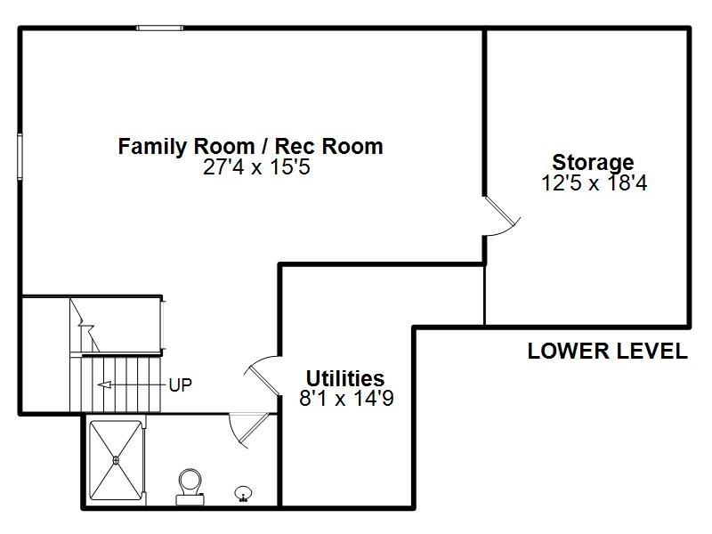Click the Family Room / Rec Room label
tap(250, 146)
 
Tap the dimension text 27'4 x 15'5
tap(256, 167)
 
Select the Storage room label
tap(593, 163)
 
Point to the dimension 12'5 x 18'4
tap(593, 183)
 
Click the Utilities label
tap(345, 377)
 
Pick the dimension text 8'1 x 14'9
tap(346, 398)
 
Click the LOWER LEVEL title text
tap(607, 352)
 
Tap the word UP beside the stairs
tap(180, 384)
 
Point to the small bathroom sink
tap(242, 492)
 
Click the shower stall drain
tap(117, 460)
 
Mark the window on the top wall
tap(160, 28)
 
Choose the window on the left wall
tap(20, 157)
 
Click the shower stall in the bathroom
tap(117, 461)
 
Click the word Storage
tap(593, 163)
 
